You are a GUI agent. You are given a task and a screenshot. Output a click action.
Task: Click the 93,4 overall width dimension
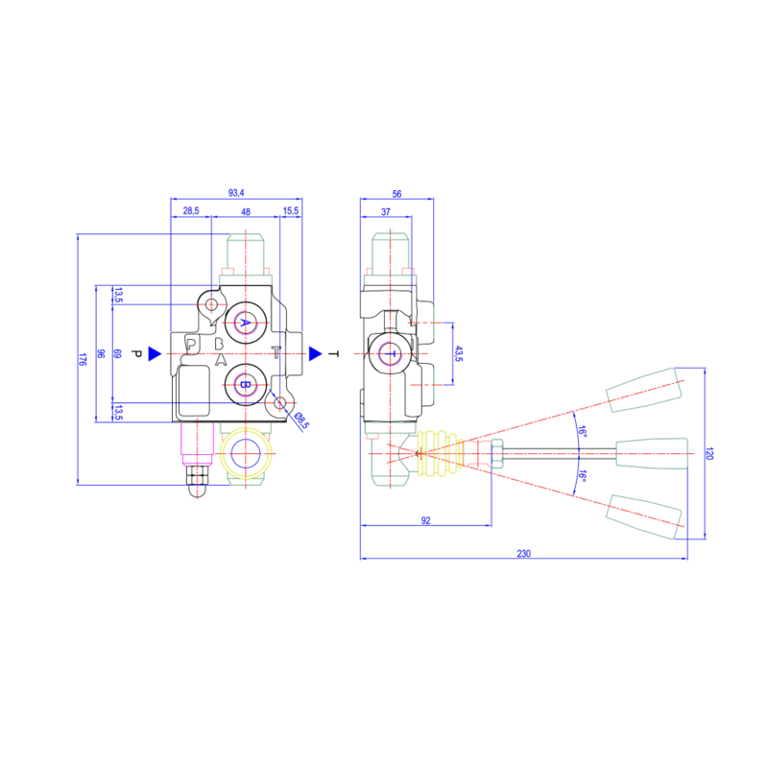click(236, 194)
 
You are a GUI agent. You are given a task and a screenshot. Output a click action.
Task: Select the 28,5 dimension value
click(190, 210)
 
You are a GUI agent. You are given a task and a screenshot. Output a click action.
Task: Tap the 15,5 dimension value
click(290, 210)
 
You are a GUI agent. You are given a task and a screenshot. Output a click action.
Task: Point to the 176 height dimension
click(83, 359)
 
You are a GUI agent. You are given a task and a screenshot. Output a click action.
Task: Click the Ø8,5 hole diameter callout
click(300, 420)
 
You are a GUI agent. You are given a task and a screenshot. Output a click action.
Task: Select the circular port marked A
click(245, 323)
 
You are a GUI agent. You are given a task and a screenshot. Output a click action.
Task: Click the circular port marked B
click(245, 385)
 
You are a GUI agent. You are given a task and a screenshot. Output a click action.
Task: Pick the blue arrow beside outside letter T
click(315, 354)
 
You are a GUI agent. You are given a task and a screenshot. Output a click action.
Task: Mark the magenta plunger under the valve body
click(195, 445)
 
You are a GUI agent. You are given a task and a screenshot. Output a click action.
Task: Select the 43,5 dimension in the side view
click(458, 354)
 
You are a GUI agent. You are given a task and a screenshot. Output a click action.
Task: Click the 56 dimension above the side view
click(396, 194)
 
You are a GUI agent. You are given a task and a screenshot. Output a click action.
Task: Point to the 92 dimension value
click(425, 520)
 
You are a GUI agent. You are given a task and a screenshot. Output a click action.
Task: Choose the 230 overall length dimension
click(523, 553)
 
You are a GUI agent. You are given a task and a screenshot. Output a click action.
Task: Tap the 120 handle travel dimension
click(710, 451)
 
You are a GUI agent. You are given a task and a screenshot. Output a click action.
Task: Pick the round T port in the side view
click(391, 354)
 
